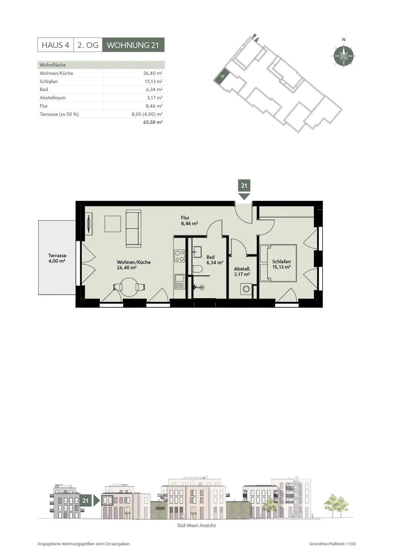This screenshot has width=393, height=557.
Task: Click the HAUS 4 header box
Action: click(x=55, y=45)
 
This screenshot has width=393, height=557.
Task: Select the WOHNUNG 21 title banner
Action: click(x=133, y=45)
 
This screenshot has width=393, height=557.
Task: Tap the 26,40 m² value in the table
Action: click(x=153, y=73)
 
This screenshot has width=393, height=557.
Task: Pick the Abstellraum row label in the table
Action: click(x=53, y=98)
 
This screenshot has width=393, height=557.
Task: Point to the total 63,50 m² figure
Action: click(x=153, y=122)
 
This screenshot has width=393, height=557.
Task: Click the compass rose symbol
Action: click(x=344, y=56)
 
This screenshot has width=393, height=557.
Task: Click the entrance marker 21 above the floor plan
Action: click(x=244, y=189)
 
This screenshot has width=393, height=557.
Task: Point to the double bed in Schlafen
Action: click(x=278, y=263)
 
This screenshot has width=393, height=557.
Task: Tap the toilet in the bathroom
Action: click(x=197, y=269)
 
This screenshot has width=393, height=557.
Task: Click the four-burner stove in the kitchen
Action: click(x=180, y=256)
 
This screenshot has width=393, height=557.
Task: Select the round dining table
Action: click(x=129, y=287)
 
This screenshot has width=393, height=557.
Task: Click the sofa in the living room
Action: click(x=133, y=228)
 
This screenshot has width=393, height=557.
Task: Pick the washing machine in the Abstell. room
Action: click(x=246, y=289)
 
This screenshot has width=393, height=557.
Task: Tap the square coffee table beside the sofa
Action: click(x=113, y=224)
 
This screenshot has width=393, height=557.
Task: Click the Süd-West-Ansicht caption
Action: click(x=196, y=526)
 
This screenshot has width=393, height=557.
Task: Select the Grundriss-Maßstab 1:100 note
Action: click(x=332, y=544)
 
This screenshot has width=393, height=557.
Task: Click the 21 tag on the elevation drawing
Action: click(x=85, y=500)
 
